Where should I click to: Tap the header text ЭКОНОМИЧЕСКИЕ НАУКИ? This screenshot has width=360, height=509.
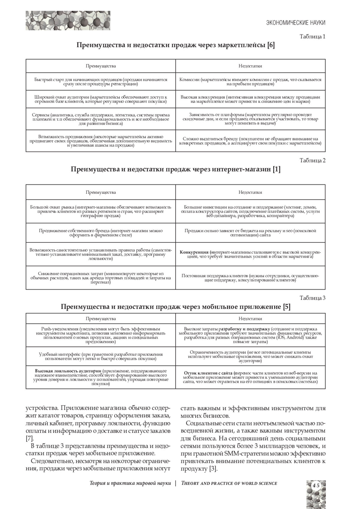coord(296,23)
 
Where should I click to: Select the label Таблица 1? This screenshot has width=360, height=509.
coord(313,37)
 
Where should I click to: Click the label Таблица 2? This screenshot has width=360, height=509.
coord(313,160)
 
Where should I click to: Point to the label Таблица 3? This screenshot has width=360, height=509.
coord(313,298)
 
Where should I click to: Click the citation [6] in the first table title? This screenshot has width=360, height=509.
coord(271,45)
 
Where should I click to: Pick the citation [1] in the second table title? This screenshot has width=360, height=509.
coord(277,169)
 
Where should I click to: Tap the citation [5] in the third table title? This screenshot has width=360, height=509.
coord(286,307)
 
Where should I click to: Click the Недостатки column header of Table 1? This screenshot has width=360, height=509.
coord(250,66)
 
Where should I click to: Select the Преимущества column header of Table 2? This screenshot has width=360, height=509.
coord(101,192)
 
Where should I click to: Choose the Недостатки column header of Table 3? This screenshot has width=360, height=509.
coord(250,319)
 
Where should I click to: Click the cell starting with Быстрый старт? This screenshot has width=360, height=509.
coord(101,82)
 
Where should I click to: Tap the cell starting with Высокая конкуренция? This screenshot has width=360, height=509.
coord(250,99)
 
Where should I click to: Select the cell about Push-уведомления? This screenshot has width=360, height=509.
coord(101,335)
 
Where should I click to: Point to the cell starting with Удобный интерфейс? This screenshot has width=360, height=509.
coord(101,356)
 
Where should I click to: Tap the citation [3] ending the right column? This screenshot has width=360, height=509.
coord(213,469)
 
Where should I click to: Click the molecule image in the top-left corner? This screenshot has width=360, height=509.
coord(68,20)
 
